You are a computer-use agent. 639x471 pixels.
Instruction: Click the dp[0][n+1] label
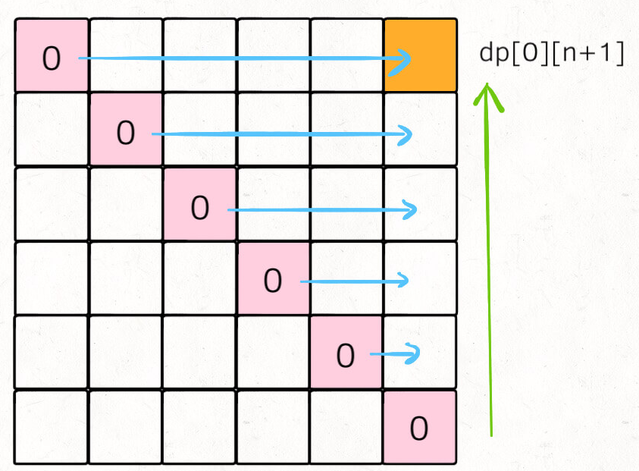click(552, 55)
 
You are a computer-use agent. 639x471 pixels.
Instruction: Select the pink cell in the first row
click(52, 55)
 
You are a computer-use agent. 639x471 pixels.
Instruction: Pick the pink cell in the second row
click(126, 129)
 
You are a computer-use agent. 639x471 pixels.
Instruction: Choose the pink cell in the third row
click(199, 203)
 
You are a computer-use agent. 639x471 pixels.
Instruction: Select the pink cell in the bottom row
click(420, 426)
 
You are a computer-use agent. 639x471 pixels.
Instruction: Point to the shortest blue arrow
click(394, 353)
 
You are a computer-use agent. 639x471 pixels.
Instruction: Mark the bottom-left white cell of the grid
click(52, 426)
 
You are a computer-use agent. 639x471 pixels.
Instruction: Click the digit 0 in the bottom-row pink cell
click(418, 429)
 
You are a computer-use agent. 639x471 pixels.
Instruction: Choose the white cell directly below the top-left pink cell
click(52, 129)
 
